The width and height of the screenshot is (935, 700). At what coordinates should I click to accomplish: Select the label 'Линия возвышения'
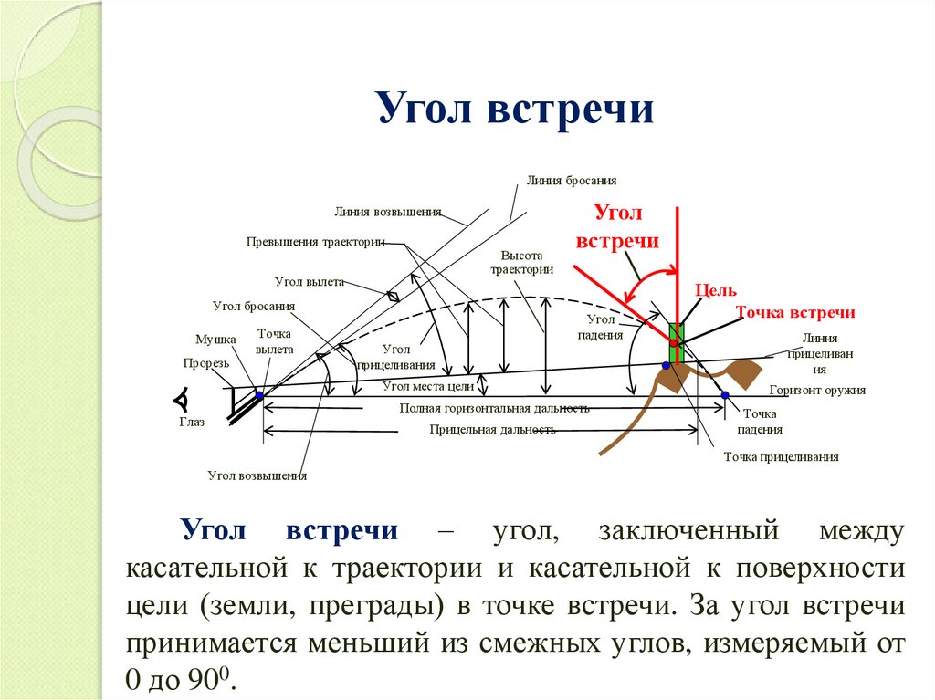[x=387, y=212]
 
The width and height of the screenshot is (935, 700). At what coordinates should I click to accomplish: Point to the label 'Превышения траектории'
[x=315, y=242]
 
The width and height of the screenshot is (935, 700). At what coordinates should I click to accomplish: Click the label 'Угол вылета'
[x=309, y=282]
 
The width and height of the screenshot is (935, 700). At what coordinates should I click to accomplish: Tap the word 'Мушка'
[x=215, y=339]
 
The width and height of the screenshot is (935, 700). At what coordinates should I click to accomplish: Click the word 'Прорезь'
[x=205, y=362]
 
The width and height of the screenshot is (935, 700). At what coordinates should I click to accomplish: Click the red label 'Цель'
[x=716, y=290]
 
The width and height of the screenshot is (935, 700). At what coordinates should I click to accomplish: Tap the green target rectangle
[x=676, y=342]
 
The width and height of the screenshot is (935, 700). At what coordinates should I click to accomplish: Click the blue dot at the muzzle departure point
[x=259, y=395]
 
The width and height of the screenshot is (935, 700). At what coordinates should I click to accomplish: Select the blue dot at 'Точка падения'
[x=725, y=395]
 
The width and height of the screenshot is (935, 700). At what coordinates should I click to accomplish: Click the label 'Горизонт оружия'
[x=817, y=390]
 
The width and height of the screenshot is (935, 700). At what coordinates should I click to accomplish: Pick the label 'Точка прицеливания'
[x=781, y=457]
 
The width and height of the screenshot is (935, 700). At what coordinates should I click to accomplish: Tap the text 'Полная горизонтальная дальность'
[x=494, y=408]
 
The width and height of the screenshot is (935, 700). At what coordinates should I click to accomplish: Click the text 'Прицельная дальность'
[x=492, y=429]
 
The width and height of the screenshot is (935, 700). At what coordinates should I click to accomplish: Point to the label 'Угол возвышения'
[x=257, y=475]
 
